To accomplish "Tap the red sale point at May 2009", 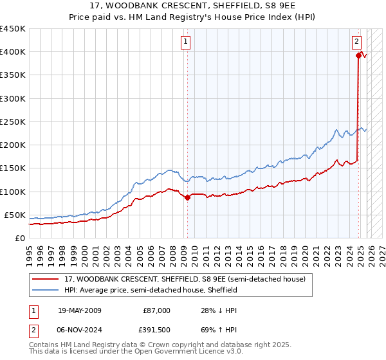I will (187, 198).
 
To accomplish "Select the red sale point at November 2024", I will (358, 56).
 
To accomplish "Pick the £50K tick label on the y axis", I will (15, 215).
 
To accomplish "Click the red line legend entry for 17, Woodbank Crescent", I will (179, 279).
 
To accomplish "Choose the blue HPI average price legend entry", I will (151, 290).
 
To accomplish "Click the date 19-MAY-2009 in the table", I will (79, 310).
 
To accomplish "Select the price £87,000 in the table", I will (156, 310).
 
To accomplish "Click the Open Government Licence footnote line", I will (136, 352).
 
